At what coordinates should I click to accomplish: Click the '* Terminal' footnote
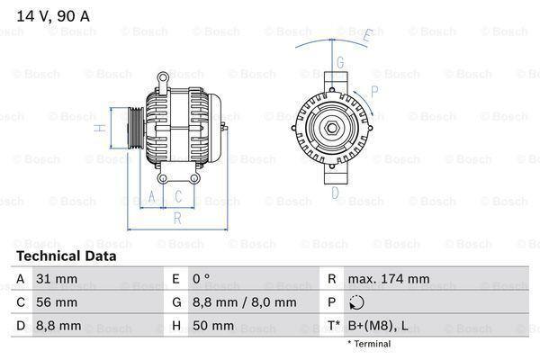(368, 344)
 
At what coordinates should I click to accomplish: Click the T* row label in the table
(333, 326)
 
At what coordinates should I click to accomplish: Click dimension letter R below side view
(177, 217)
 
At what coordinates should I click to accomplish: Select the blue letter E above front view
(366, 36)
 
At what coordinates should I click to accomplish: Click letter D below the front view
(334, 192)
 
